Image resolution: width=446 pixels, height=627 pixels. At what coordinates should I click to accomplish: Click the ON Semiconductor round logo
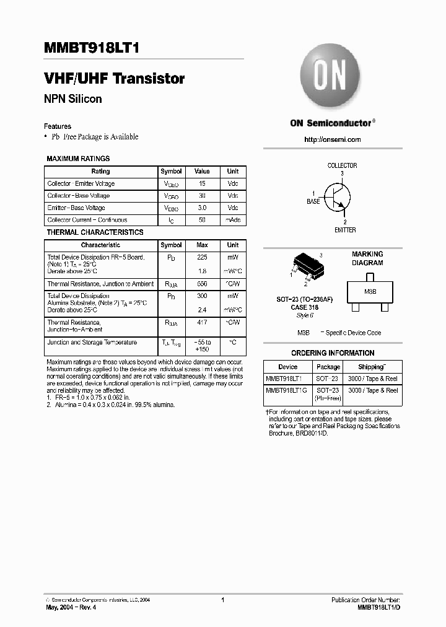click(x=331, y=78)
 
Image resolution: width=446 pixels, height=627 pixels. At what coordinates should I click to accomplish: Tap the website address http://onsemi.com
click(x=333, y=139)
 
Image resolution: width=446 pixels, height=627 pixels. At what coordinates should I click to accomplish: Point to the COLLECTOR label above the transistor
click(x=342, y=165)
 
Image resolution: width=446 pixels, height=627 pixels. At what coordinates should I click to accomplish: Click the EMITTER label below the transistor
click(x=345, y=230)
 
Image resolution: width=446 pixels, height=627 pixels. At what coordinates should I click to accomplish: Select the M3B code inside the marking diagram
click(x=370, y=291)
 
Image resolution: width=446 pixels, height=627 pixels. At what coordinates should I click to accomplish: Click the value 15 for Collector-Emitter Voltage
click(x=202, y=183)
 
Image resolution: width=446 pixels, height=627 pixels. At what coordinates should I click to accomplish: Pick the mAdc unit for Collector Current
click(x=233, y=220)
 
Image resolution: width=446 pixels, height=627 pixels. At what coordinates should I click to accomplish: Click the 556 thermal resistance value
click(x=202, y=284)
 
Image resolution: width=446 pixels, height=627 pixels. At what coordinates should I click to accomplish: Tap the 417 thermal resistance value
click(x=202, y=323)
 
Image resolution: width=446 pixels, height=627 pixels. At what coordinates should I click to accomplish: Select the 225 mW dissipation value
click(x=202, y=257)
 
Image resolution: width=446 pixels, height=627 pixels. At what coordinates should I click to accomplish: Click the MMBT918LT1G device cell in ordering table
click(x=286, y=390)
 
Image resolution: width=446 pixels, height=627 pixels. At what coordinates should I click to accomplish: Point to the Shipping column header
click(x=371, y=367)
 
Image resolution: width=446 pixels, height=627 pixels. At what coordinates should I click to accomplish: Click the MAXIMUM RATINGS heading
click(x=78, y=159)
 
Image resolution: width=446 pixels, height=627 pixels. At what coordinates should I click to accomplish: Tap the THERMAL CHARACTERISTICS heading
click(x=95, y=232)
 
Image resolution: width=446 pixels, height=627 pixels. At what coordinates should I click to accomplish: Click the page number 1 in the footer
click(x=222, y=600)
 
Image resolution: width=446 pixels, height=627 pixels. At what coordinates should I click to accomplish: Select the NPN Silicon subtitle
click(x=72, y=99)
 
